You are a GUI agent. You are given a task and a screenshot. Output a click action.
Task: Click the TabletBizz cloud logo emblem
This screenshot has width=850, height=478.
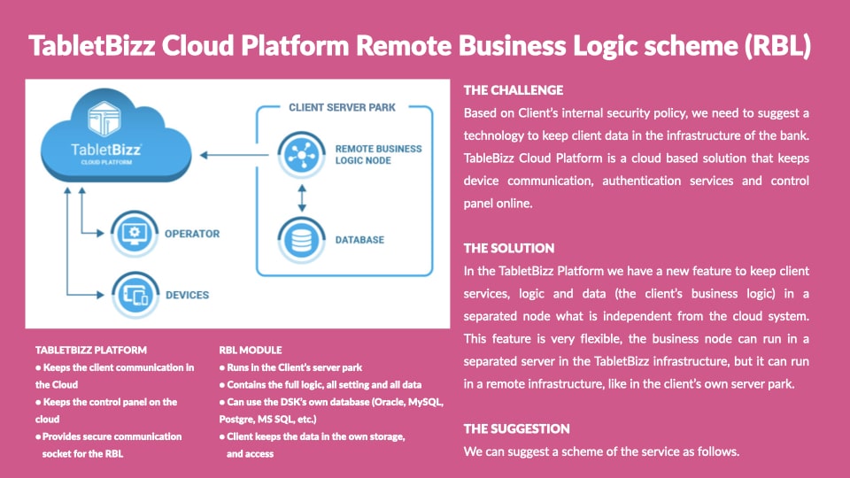104,118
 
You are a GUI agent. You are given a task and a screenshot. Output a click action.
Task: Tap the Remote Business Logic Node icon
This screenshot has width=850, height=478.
301,155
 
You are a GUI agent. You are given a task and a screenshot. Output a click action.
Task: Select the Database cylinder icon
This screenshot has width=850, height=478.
301,240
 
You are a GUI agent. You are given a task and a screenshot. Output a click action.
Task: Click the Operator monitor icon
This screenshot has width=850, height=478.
135,234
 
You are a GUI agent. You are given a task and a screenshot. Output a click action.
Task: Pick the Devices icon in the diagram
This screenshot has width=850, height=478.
135,295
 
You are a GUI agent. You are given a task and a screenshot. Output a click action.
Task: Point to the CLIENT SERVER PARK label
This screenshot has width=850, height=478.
342,107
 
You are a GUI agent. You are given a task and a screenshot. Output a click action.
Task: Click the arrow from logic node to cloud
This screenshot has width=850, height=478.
234,155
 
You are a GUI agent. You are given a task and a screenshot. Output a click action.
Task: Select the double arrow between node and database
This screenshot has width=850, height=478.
302,197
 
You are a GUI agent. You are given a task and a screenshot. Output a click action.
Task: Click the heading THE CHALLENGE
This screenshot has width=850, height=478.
514,90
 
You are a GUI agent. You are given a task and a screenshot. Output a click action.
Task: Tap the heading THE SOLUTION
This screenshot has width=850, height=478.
509,248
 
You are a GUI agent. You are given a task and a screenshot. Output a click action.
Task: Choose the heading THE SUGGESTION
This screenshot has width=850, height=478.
516,428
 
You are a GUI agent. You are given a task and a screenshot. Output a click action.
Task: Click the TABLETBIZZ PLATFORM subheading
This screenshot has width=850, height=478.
91,351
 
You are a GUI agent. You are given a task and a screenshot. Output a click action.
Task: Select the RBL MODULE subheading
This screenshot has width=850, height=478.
251,351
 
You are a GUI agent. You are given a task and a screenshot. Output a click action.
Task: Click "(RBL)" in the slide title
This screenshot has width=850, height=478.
778,45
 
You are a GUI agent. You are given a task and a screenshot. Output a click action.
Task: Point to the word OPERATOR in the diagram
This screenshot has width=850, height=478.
192,234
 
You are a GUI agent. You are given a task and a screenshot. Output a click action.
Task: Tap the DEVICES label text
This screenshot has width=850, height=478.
187,296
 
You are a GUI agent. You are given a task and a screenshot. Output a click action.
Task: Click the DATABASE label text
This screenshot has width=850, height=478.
359,240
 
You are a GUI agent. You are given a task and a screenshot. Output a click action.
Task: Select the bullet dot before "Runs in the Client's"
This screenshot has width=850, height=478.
222,368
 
